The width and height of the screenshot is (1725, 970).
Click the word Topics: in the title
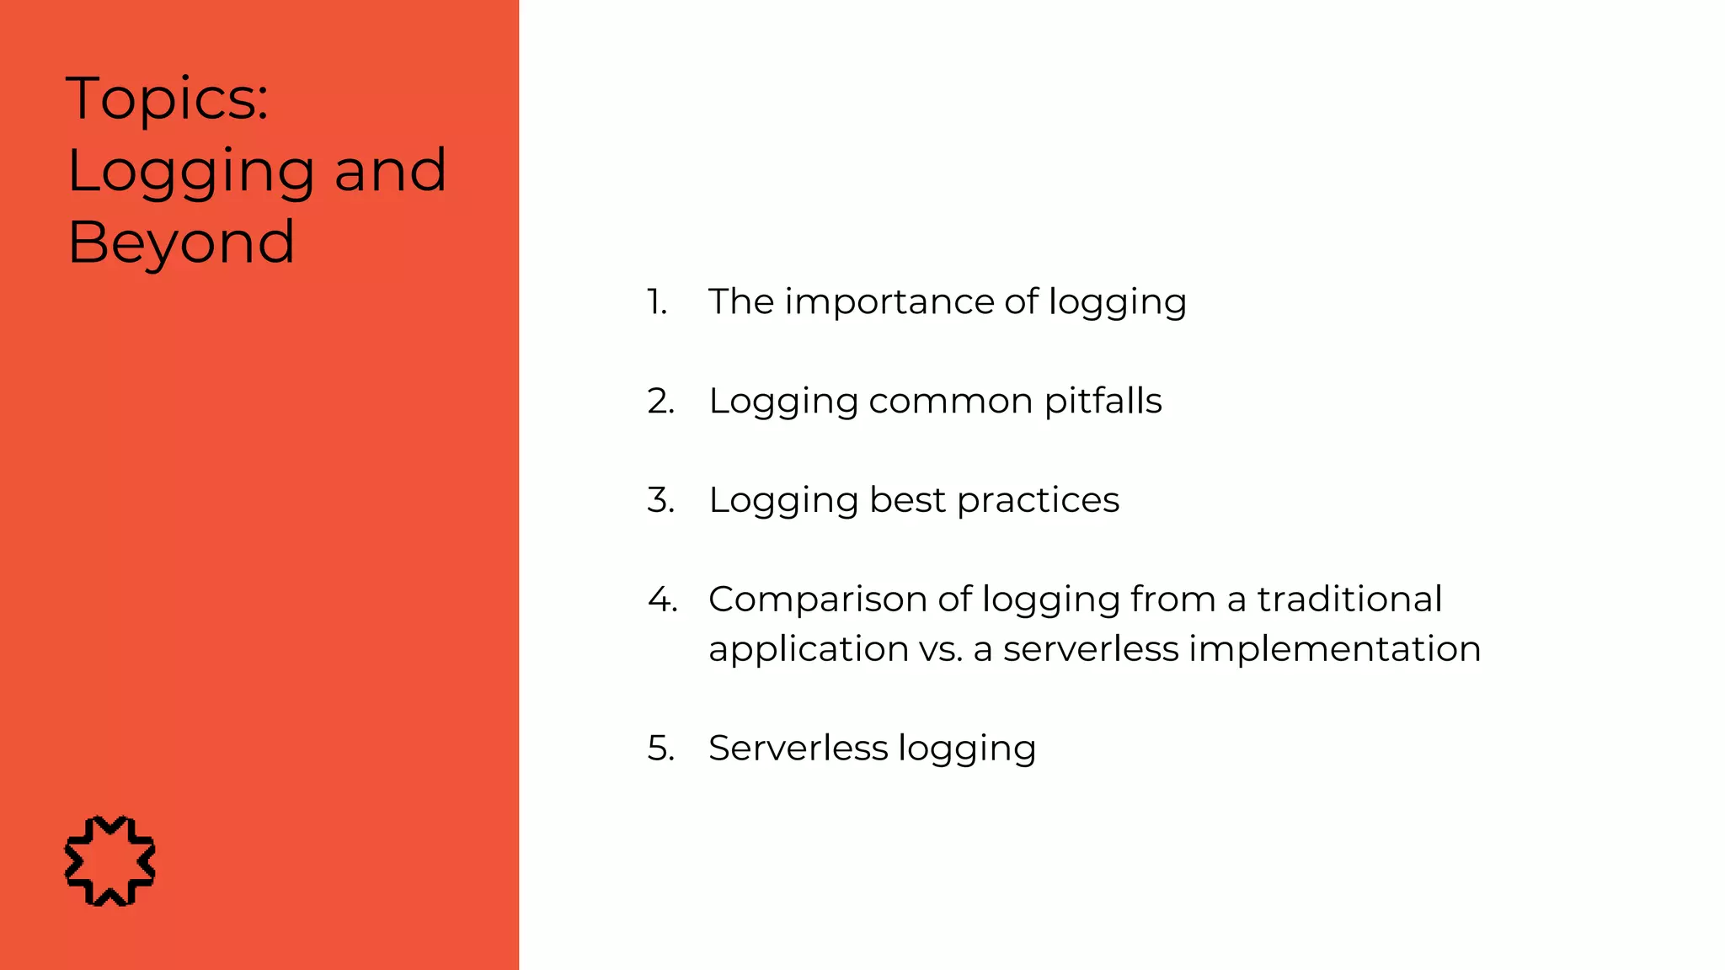coord(167,99)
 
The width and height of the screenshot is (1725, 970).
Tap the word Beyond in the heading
coord(181,242)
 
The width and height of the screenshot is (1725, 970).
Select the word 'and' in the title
coord(390,170)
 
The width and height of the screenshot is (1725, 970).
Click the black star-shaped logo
coord(110,861)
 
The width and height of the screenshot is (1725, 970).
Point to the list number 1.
coord(657,302)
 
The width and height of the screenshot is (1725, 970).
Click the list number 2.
coord(661,402)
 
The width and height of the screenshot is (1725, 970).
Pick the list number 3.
coord(661,500)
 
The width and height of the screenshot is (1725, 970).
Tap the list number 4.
coord(662,600)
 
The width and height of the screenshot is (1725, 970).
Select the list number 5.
coord(661,749)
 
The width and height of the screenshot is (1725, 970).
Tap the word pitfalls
coord(1103,402)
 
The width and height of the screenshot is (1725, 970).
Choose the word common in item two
coord(950,402)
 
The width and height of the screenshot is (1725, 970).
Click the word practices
coord(1038,501)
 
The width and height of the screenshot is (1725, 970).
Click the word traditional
coord(1349,600)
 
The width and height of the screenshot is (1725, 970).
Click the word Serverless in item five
coord(798,749)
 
